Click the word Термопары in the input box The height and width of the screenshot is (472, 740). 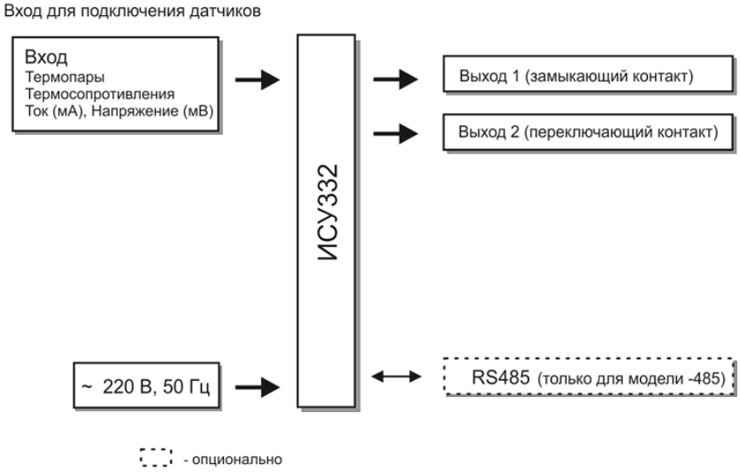tap(55, 77)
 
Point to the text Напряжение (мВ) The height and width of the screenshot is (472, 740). tap(152, 109)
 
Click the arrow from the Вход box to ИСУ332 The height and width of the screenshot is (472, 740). tap(257, 81)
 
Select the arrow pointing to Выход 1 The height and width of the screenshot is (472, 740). tap(395, 81)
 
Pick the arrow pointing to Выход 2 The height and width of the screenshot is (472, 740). tap(395, 134)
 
